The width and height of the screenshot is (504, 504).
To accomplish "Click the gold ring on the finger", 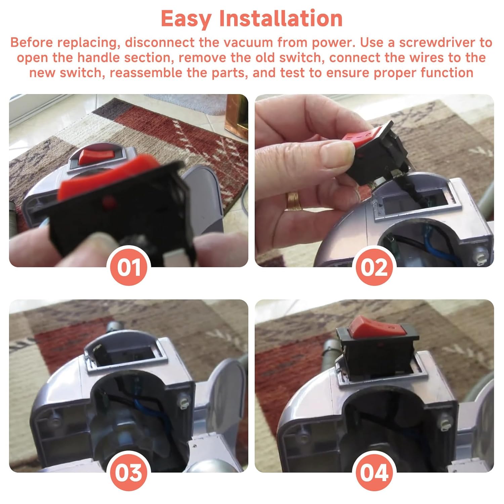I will click(293, 201).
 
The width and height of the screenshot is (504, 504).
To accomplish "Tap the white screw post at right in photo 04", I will click(443, 421).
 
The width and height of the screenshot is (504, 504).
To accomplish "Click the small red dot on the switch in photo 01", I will click(108, 202).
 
